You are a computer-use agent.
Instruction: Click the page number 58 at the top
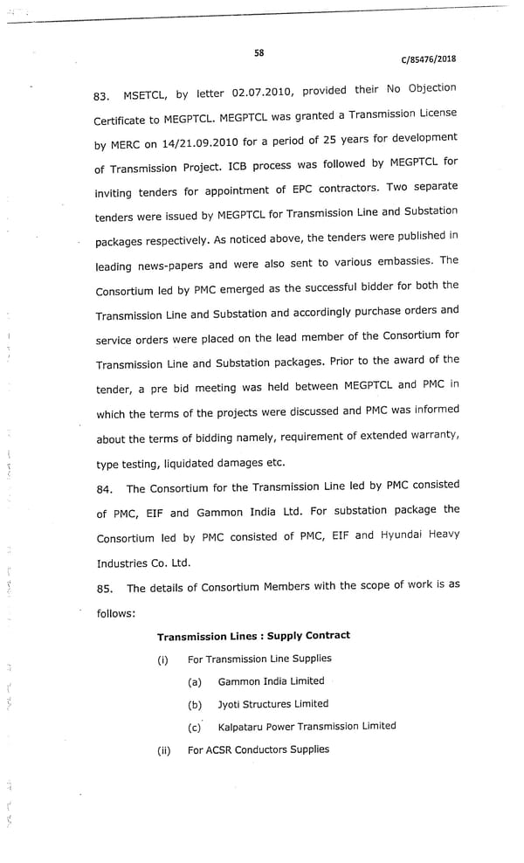pos(259,52)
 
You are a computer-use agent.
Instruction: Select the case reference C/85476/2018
pos(428,59)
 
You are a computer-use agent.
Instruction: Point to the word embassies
pos(404,261)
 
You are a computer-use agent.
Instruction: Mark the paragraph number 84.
pos(104,489)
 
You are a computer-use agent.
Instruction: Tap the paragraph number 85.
pos(104,589)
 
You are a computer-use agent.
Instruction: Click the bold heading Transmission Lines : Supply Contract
pos(253,635)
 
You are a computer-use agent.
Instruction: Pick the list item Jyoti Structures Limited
pos(273,704)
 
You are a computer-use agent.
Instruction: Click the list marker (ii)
pos(163,750)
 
